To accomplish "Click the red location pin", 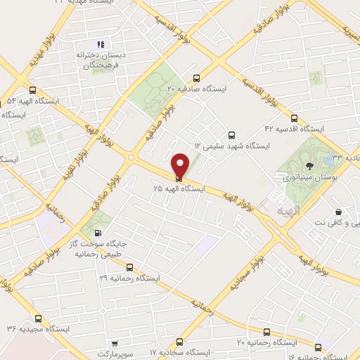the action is pos(181,165).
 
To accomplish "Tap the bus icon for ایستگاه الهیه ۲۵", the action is pos(178,179).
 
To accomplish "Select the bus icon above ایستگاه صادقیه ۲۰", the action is pos(195,78).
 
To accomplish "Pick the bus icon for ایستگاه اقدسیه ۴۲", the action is pos(294,118).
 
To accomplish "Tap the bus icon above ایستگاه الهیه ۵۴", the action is pos(33,90).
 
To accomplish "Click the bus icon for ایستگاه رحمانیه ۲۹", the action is pos(129,267).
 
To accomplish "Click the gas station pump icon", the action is pos(96,233).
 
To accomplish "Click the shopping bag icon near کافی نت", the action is pos(338,212).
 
